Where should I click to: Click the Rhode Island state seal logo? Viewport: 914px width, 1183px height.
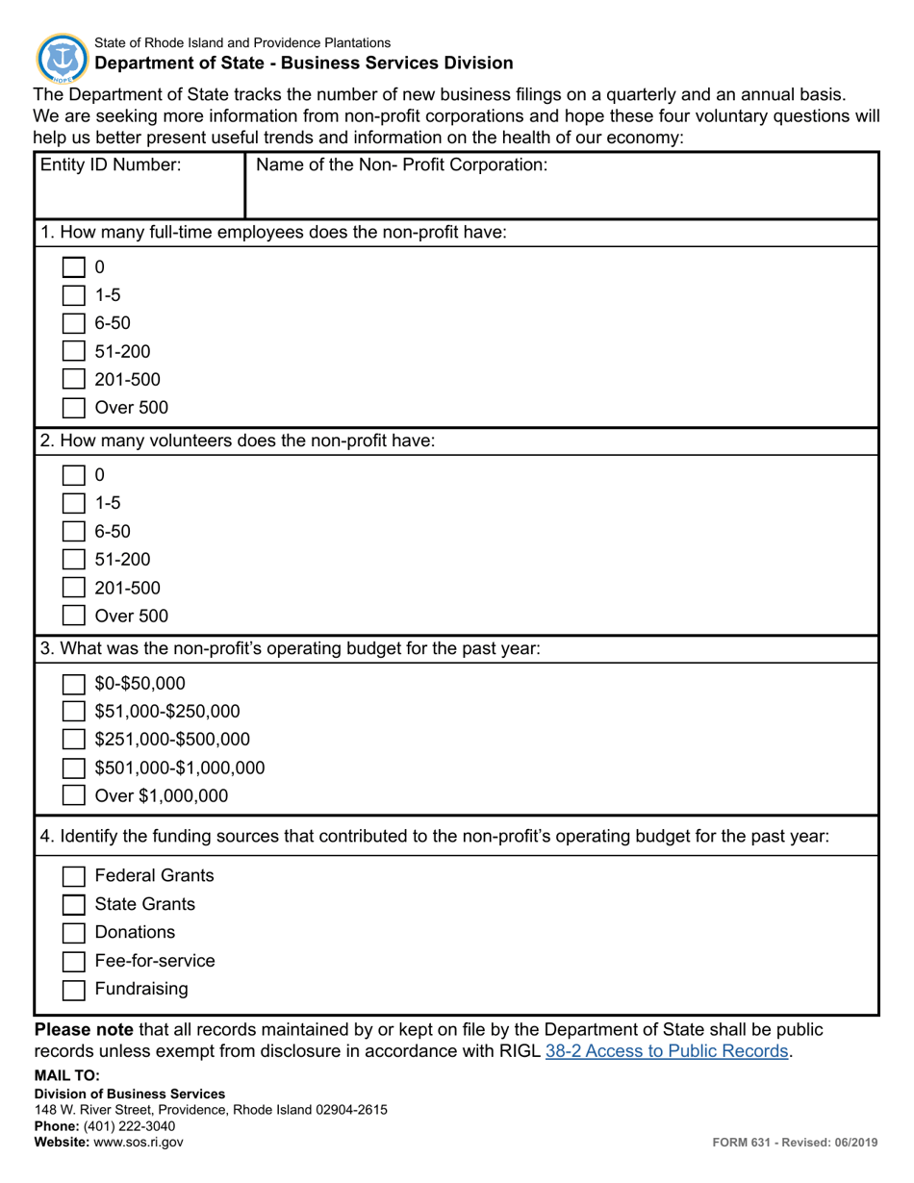[x=62, y=57]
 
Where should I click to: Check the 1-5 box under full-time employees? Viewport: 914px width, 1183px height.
[x=74, y=295]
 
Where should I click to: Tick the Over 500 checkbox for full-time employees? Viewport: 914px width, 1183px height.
[x=74, y=408]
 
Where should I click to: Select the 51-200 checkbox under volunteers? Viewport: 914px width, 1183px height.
[x=74, y=560]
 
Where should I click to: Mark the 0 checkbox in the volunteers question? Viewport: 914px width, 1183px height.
[x=74, y=475]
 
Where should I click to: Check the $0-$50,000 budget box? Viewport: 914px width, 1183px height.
[x=74, y=684]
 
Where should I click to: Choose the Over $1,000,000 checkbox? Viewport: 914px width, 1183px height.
[x=74, y=796]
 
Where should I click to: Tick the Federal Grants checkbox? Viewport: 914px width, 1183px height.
[x=74, y=876]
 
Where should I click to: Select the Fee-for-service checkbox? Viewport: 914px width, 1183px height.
[x=74, y=961]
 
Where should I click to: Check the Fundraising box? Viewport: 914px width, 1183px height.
[x=74, y=989]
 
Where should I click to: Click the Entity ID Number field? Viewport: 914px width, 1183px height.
[x=140, y=192]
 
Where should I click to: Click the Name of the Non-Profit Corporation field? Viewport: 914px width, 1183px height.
[x=562, y=192]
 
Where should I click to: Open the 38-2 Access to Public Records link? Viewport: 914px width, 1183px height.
[x=667, y=1051]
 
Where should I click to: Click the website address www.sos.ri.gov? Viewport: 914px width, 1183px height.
[x=138, y=1143]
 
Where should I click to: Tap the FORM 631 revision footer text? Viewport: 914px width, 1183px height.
[x=795, y=1143]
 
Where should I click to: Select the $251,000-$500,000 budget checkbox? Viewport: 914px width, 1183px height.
[x=74, y=740]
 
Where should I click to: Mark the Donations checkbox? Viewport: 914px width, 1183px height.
[x=74, y=933]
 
